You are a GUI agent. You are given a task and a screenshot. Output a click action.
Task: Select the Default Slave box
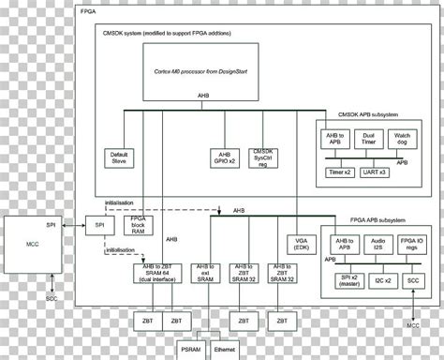pos(118,157)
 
